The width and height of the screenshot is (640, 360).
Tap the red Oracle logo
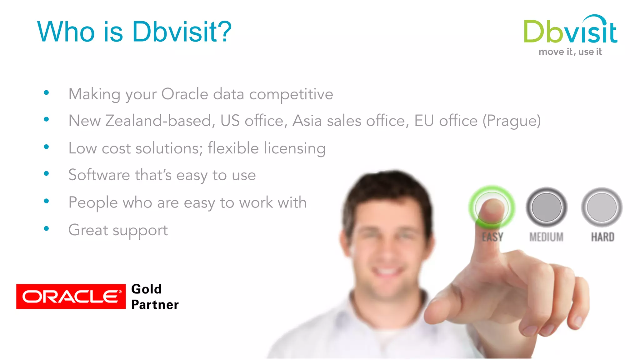[71, 296]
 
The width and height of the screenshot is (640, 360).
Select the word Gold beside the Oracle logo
[147, 289]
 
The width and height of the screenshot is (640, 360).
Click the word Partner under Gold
[155, 305]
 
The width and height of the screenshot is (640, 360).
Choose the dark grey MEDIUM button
[546, 207]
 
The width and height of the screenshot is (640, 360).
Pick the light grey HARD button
[602, 207]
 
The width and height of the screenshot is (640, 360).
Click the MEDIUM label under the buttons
[546, 237]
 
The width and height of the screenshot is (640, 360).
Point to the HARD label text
[602, 237]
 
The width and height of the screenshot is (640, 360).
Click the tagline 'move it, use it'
[570, 52]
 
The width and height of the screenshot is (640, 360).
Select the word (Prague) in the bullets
[512, 121]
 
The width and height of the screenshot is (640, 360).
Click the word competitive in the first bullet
[291, 94]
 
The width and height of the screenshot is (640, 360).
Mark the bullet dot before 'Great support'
[47, 229]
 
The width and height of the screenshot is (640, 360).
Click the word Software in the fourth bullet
[99, 175]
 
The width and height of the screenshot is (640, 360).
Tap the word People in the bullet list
[93, 202]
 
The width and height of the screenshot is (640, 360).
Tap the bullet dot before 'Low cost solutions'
[47, 147]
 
